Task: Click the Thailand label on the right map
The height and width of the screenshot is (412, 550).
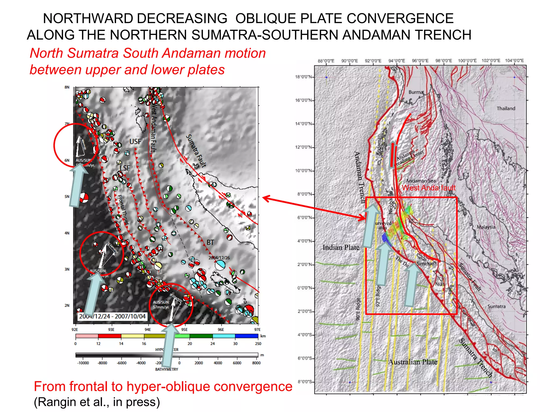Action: pyautogui.click(x=506, y=108)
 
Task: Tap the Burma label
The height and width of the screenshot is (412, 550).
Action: pyautogui.click(x=416, y=92)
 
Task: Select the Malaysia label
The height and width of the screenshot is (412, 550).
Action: pyautogui.click(x=486, y=227)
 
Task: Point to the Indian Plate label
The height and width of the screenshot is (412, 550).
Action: pyautogui.click(x=341, y=247)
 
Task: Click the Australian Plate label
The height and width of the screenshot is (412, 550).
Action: pyautogui.click(x=412, y=362)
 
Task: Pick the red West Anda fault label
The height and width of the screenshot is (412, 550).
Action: pyautogui.click(x=429, y=188)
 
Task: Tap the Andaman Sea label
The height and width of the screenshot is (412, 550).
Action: pyautogui.click(x=421, y=181)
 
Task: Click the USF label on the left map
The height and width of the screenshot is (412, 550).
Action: pyautogui.click(x=135, y=141)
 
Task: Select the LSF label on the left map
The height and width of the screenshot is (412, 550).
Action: pyautogui.click(x=125, y=168)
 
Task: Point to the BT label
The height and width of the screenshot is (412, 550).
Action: pyautogui.click(x=210, y=242)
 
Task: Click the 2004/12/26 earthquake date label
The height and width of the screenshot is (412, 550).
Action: pyautogui.click(x=219, y=258)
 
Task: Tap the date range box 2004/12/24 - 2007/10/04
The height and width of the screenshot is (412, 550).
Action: pyautogui.click(x=112, y=316)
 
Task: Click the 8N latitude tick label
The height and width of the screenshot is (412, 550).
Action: pyautogui.click(x=67, y=87)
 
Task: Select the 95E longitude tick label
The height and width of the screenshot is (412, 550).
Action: pyautogui.click(x=184, y=329)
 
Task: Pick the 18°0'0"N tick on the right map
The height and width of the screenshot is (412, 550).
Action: pyautogui.click(x=303, y=77)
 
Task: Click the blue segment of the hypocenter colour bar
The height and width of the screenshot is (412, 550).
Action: pyautogui.click(x=247, y=336)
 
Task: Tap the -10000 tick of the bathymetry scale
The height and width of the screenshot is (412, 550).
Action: pyautogui.click(x=83, y=363)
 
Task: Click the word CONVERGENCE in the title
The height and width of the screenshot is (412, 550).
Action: pyautogui.click(x=400, y=19)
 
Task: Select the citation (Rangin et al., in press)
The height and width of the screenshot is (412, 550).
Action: pyautogui.click(x=97, y=402)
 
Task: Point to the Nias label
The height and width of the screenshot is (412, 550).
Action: pyautogui.click(x=440, y=284)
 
